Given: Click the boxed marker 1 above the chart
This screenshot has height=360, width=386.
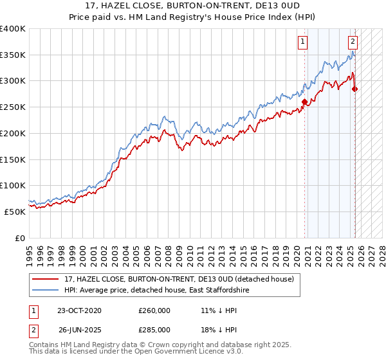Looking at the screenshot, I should click(302, 42).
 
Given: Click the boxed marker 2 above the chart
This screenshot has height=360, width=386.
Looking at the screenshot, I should click(353, 42).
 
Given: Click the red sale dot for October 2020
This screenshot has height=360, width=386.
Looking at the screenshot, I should click(304, 101).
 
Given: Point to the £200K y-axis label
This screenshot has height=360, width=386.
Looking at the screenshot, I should click(13, 133).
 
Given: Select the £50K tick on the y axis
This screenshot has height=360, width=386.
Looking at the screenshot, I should click(15, 212).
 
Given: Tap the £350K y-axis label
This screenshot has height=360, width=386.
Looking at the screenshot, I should click(13, 55).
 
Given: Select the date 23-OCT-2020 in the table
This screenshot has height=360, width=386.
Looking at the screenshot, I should click(80, 310).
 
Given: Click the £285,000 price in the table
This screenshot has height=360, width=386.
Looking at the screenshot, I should click(154, 329).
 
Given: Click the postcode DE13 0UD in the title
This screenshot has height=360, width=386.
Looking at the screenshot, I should click(260, 6).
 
